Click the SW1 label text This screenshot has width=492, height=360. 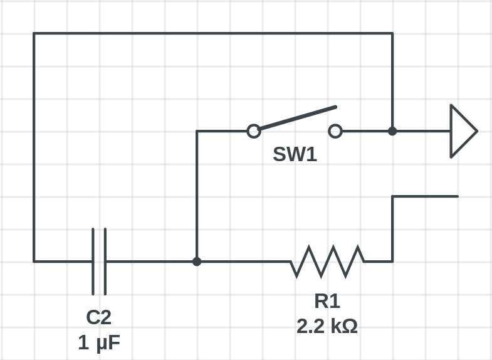295,154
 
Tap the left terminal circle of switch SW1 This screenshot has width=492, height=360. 254,131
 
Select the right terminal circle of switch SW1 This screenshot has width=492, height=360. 335,131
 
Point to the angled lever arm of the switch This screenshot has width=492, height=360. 298,118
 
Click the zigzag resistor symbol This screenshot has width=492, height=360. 327,262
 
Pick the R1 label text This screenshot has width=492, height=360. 327,301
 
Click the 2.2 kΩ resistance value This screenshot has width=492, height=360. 327,326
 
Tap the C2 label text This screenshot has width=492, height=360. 98,317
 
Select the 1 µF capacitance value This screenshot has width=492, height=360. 99,342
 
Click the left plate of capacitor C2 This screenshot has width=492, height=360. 93,262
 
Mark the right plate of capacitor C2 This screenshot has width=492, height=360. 105,262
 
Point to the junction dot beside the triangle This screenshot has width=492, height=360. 392,131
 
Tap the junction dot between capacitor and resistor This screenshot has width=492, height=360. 197,261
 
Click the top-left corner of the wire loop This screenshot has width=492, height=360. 34,33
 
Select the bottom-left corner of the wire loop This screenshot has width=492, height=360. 34,261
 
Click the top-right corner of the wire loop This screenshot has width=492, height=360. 392,33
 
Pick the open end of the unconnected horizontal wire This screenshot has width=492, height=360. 458,196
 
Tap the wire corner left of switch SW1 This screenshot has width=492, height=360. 197,131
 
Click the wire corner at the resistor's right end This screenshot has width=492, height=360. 392,261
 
